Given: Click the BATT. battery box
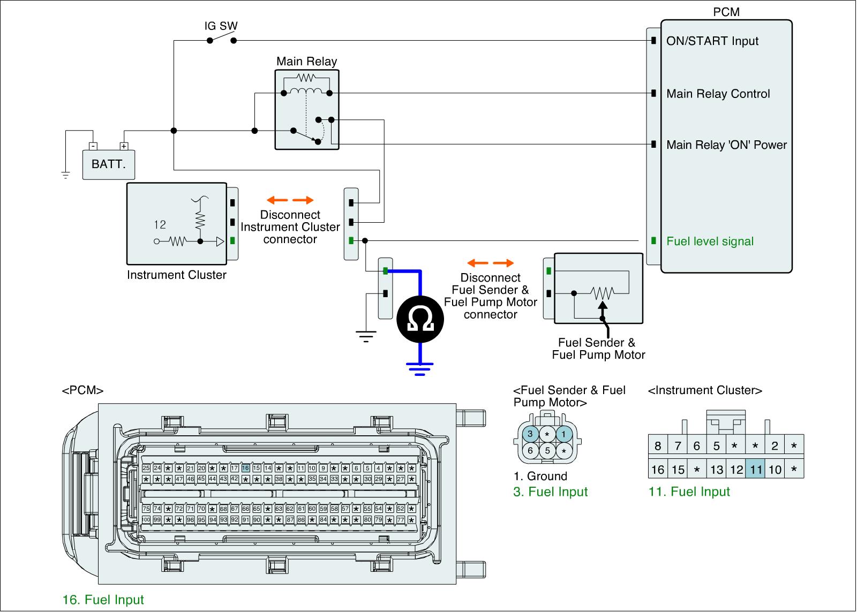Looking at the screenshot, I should click(109, 164).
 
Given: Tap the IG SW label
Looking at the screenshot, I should click(221, 26).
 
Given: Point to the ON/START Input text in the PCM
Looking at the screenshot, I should click(712, 41).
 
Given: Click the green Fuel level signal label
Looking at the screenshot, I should click(710, 241).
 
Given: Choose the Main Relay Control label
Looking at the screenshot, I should click(718, 94).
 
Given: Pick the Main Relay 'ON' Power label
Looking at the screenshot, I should click(726, 145).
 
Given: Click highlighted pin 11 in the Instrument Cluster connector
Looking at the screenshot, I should click(756, 470).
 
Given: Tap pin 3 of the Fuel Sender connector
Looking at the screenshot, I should click(530, 434).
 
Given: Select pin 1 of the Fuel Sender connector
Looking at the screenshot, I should click(564, 434).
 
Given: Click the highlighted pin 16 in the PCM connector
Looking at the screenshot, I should click(245, 468).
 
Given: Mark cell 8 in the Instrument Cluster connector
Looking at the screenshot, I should click(658, 446).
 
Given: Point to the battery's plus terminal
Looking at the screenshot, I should click(124, 146).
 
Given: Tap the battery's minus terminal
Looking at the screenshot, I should click(93, 146).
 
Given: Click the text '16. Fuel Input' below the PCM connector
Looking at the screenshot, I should click(103, 600).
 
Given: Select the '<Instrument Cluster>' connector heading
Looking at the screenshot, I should click(705, 390).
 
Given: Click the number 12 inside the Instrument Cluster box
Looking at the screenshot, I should click(160, 225).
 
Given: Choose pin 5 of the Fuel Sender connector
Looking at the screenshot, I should click(547, 451).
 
